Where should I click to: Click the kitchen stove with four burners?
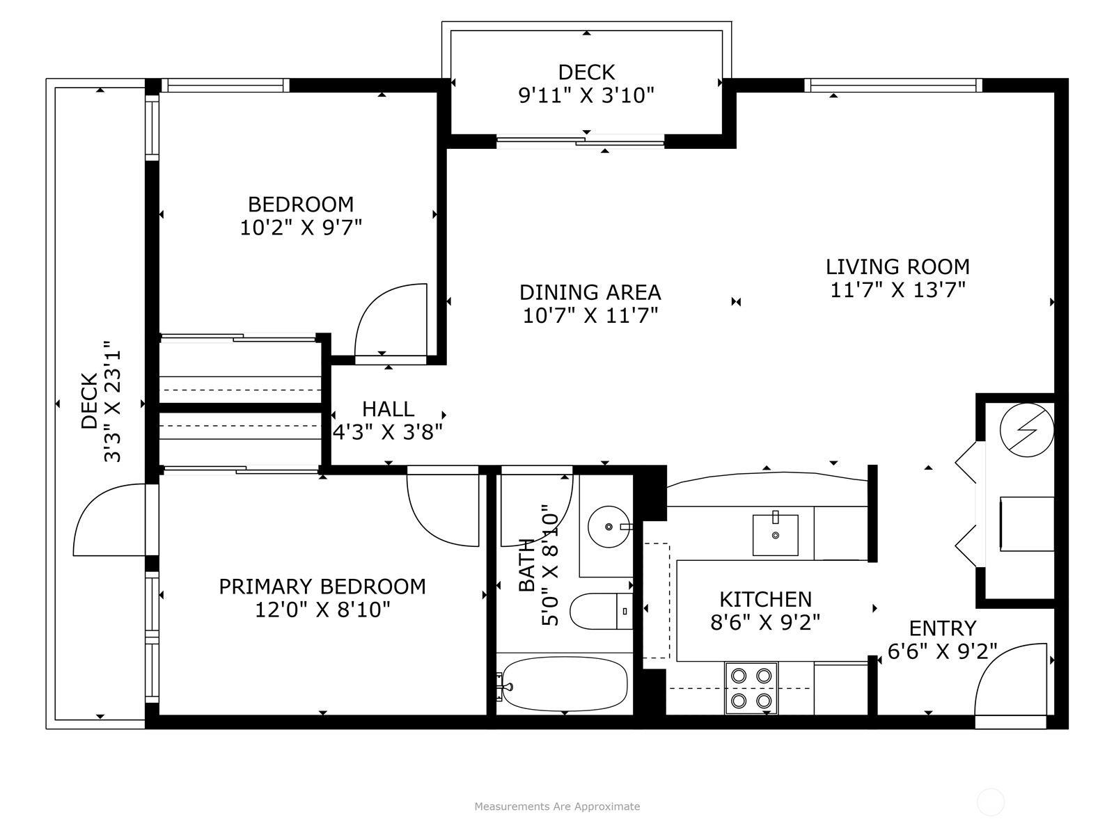tap(751, 687)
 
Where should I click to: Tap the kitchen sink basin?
tap(775, 534)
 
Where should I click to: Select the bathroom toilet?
tap(600, 611)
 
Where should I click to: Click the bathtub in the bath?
tap(564, 684)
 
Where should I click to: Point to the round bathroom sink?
tap(609, 527)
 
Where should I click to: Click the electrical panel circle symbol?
tap(1026, 429)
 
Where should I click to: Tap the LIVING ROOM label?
tap(897, 267)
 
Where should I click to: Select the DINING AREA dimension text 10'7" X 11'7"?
tap(590, 315)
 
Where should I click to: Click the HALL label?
tap(388, 408)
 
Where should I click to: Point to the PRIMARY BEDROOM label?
tap(322, 587)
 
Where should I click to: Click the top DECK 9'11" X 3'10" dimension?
tap(586, 95)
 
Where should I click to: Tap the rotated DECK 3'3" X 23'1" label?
tap(102, 402)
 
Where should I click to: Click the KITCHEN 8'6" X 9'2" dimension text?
tap(765, 621)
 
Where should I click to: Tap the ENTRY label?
tap(942, 628)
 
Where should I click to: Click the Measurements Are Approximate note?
tap(557, 806)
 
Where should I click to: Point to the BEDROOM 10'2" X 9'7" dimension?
tap(301, 227)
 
